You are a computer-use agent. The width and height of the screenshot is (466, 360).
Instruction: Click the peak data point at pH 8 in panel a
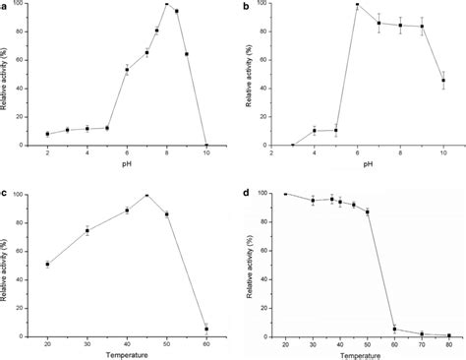[x=167, y=5]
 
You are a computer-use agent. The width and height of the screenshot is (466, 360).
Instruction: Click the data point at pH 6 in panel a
[x=127, y=70]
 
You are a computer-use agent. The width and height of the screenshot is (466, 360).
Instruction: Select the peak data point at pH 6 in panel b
[x=356, y=5]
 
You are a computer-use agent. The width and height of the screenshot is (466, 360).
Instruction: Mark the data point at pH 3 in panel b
[x=292, y=145]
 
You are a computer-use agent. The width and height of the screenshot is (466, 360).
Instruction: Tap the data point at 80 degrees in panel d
[x=449, y=335]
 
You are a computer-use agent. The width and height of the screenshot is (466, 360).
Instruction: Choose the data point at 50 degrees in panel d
[x=367, y=211]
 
